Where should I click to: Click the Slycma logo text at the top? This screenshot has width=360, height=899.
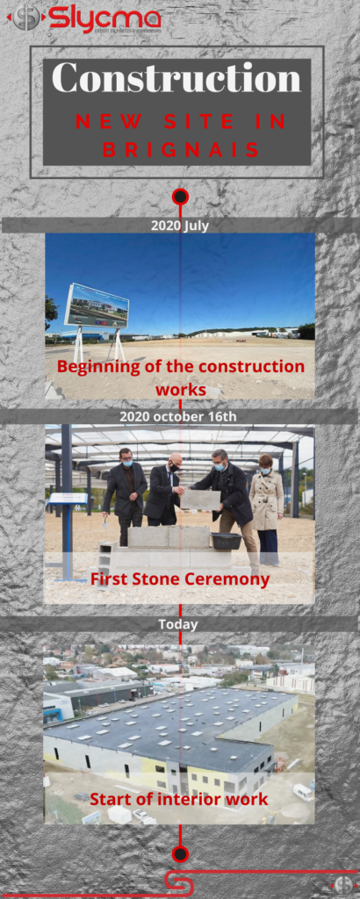click(104, 18)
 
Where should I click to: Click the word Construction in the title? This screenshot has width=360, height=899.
click(176, 79)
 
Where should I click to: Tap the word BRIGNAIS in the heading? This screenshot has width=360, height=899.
click(180, 150)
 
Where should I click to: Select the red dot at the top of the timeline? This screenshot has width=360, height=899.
click(180, 196)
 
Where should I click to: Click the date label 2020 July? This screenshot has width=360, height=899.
click(180, 225)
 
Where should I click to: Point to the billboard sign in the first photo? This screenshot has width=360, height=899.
click(97, 306)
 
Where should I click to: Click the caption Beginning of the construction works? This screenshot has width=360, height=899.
click(181, 377)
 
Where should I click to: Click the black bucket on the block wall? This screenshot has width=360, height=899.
click(227, 541)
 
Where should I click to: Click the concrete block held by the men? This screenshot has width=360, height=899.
click(201, 500)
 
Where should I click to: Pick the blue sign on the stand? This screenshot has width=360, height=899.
click(68, 499)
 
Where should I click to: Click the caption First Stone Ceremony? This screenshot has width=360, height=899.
click(180, 579)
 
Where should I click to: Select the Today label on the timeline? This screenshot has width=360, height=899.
click(178, 624)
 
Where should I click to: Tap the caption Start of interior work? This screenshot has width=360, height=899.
click(179, 799)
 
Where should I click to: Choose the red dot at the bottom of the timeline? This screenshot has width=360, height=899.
click(180, 852)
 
